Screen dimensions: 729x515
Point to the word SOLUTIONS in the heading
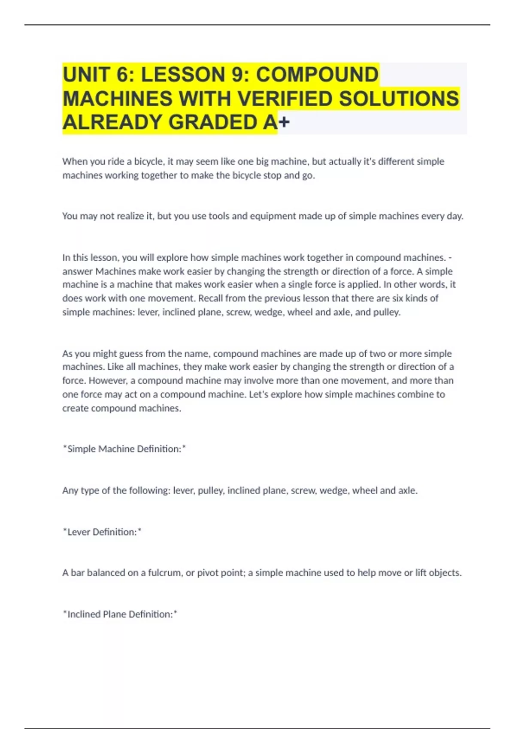coord(399,99)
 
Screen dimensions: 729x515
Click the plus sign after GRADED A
coord(284,123)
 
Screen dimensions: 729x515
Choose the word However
coord(108,381)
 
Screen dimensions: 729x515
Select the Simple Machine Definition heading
coord(124,449)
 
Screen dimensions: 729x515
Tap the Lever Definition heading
coord(102,532)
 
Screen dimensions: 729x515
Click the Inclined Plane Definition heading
coord(120,615)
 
